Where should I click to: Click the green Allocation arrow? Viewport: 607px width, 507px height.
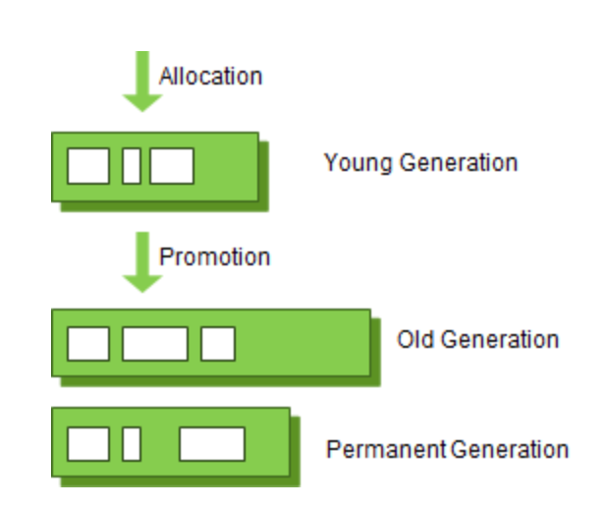coord(142,84)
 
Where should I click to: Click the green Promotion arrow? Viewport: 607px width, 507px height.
coord(142,263)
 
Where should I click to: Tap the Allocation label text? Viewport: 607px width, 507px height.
coord(210,76)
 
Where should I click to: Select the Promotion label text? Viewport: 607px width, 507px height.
coord(214,257)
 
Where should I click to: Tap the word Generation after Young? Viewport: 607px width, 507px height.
coord(458,162)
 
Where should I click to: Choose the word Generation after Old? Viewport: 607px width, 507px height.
coord(499,340)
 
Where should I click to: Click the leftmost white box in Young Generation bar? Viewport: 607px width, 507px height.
coord(87,166)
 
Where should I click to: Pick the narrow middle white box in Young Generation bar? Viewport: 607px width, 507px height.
coord(131,166)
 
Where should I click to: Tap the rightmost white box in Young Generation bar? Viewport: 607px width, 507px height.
coord(172,166)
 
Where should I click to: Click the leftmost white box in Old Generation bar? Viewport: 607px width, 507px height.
coord(87,344)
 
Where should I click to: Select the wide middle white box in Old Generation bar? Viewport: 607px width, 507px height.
coord(154,344)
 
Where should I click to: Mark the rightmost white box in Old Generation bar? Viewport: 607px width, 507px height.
coord(217,344)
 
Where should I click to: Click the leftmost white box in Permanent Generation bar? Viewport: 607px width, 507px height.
coord(87,444)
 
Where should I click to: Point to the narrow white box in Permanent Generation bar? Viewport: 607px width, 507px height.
coord(131,444)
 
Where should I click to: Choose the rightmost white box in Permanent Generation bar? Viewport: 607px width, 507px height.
coord(211,444)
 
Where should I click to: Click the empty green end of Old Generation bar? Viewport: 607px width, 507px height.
coord(304,344)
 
